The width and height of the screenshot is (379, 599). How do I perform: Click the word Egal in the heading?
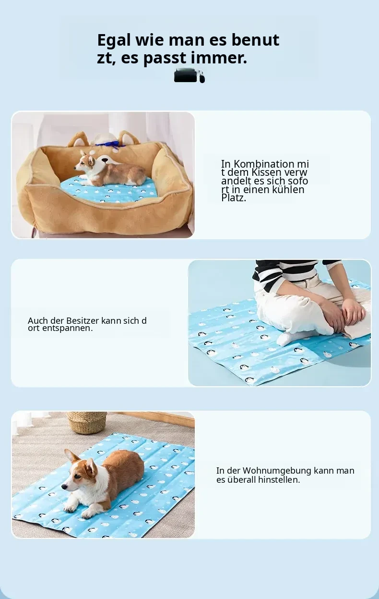click(114, 41)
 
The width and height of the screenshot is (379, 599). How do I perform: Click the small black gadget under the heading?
click(189, 75)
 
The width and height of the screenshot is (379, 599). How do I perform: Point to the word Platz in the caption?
click(234, 198)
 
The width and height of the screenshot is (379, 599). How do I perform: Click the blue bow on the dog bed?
click(107, 145)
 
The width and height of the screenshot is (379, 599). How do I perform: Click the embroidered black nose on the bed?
click(106, 160)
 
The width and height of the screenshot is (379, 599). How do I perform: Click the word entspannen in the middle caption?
click(68, 328)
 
